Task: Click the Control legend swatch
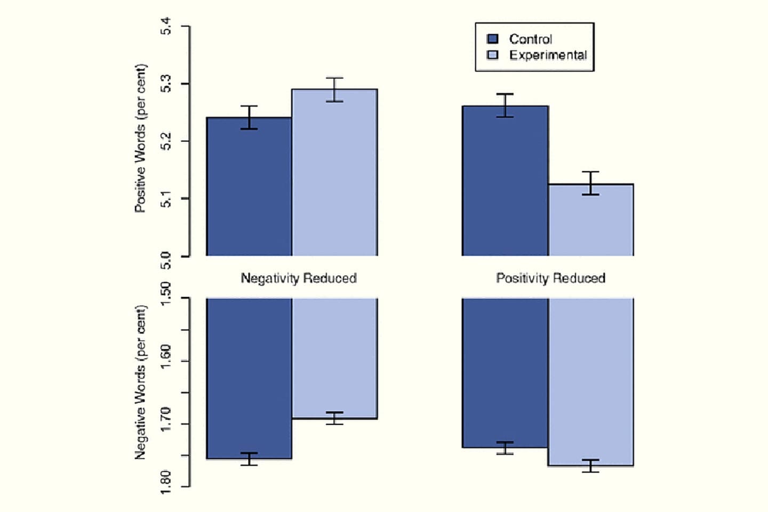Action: click(493, 39)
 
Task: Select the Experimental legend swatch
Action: click(493, 55)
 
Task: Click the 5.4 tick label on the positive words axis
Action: click(166, 26)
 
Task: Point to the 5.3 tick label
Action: click(166, 84)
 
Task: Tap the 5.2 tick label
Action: click(166, 141)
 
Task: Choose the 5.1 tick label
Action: click(166, 199)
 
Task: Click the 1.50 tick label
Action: click(166, 293)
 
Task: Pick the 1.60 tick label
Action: click(166, 356)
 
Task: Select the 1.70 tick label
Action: click(166, 419)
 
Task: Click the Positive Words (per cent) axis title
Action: click(140, 139)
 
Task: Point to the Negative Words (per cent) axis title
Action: click(140, 382)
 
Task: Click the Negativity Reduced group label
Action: click(299, 278)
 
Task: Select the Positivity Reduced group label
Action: click(550, 278)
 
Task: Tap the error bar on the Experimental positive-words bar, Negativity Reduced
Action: click(334, 90)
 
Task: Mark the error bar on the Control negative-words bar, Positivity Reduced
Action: click(505, 448)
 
